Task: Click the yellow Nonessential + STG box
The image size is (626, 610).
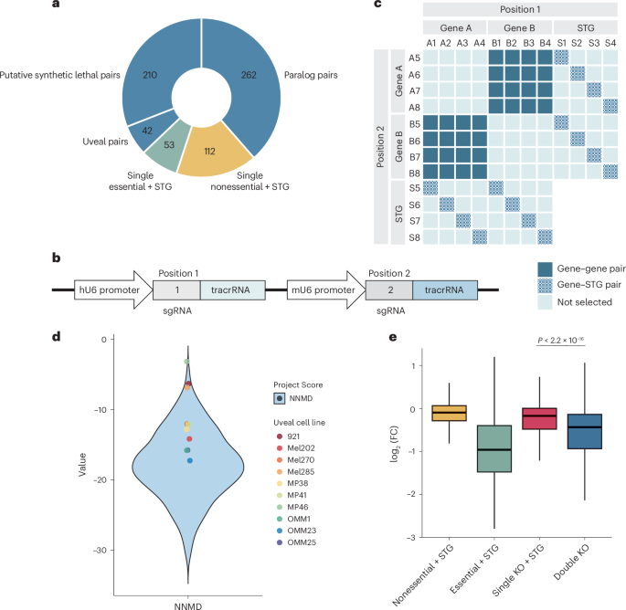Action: click(x=449, y=413)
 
